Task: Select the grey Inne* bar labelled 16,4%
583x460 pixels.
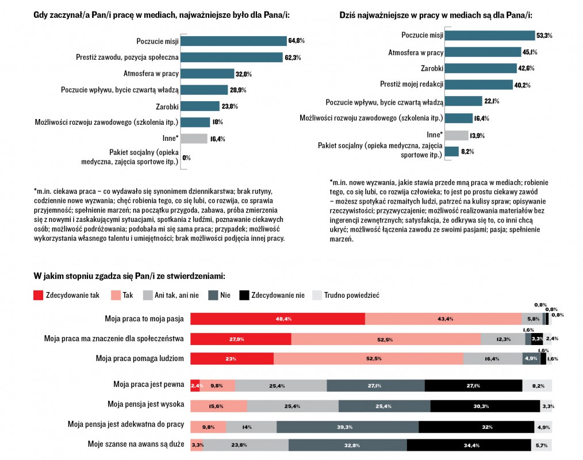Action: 194,138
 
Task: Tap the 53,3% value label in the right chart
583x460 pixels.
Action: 544,36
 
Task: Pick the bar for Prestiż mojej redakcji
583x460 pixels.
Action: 479,85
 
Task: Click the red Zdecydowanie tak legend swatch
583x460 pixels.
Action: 39,296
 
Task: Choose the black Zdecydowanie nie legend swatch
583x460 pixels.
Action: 244,296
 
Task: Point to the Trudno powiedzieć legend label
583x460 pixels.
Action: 351,296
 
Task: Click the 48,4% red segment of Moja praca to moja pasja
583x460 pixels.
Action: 278,319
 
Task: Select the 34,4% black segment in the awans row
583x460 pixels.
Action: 469,445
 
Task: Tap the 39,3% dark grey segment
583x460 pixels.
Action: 347,427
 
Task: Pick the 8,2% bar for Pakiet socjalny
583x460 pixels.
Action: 452,152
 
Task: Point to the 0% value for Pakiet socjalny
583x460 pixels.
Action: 186,158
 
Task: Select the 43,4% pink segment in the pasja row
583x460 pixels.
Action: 443,319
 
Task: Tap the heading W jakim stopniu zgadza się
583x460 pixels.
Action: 129,277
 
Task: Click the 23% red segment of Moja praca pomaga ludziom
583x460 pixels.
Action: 232,358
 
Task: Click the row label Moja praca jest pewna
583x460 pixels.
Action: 149,384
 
